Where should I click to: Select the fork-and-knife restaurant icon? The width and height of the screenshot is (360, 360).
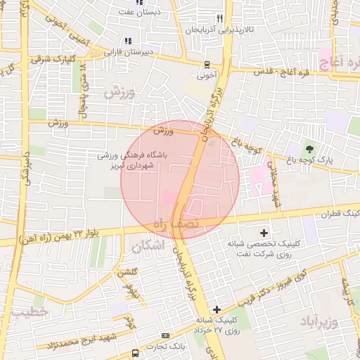(x=220, y=19)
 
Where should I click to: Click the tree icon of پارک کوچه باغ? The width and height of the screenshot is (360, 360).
(x=309, y=149)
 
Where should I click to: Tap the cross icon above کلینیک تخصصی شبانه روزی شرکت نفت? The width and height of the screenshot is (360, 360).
(x=264, y=233)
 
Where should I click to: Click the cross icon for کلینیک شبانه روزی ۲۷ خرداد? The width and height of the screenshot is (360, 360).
(x=217, y=309)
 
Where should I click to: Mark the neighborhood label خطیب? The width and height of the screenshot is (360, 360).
(x=28, y=310)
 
